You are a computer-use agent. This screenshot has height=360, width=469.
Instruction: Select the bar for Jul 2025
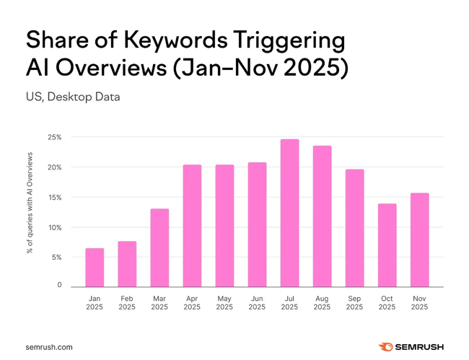pos(289,214)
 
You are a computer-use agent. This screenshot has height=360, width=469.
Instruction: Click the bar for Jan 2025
pos(95,268)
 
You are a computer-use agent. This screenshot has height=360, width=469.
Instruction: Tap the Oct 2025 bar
pos(387,245)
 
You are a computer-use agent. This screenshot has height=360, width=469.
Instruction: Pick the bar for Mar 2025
pos(159,248)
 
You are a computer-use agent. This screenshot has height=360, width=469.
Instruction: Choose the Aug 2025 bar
pos(322,216)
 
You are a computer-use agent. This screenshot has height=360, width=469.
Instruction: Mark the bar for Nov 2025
pos(419,240)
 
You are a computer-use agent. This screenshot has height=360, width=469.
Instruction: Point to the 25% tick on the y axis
pos(55,137)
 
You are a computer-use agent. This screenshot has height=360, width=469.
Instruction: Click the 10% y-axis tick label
pos(55,227)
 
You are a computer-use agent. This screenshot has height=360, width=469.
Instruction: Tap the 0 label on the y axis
pos(59,286)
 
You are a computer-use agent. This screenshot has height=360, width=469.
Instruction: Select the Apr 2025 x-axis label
pos(192,303)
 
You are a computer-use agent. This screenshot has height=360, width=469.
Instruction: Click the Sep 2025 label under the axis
pos(354,303)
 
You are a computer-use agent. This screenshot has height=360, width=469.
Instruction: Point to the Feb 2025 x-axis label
pos(127,303)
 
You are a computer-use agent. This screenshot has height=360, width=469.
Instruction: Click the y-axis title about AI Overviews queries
pos(30,207)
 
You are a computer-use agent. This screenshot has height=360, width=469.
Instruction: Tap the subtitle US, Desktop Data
pos(73,97)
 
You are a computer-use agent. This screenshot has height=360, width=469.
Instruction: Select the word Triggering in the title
pos(296,40)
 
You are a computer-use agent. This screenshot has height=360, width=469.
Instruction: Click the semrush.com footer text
pos(49,347)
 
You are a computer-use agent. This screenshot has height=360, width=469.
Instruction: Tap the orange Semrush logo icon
pos(385,347)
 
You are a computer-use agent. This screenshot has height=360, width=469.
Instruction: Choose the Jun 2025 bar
pos(257,225)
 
